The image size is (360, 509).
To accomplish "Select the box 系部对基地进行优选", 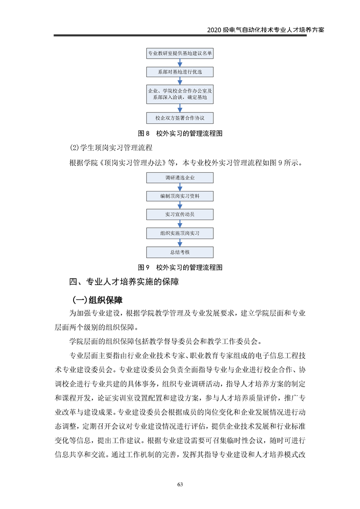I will tap(180, 72).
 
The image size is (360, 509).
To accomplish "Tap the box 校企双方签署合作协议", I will tap(180, 118).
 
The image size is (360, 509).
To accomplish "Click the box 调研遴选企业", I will tap(180, 177).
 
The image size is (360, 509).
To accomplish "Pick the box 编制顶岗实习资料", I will tap(180, 196).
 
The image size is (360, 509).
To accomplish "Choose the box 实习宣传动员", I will tap(180, 215).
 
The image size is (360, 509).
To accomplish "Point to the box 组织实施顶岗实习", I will tap(180, 233).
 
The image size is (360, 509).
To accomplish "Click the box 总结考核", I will tap(180, 252).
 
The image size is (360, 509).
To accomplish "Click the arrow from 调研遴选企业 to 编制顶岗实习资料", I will tap(180, 187).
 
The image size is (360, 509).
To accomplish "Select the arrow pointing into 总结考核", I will tap(180, 243).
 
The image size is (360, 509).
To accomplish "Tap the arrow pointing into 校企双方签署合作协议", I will tap(180, 108).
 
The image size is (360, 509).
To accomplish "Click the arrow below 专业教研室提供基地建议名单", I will tap(180, 63).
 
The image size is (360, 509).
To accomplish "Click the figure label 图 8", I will tap(143, 133).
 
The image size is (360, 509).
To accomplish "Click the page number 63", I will tap(180, 485).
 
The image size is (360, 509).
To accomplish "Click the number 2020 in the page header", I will tap(213, 30).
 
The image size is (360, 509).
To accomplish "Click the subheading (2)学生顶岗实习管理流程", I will tap(111, 148).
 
